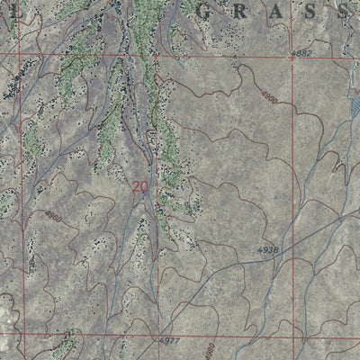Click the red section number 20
(x=139, y=187)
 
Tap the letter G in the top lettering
(x=210, y=13)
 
